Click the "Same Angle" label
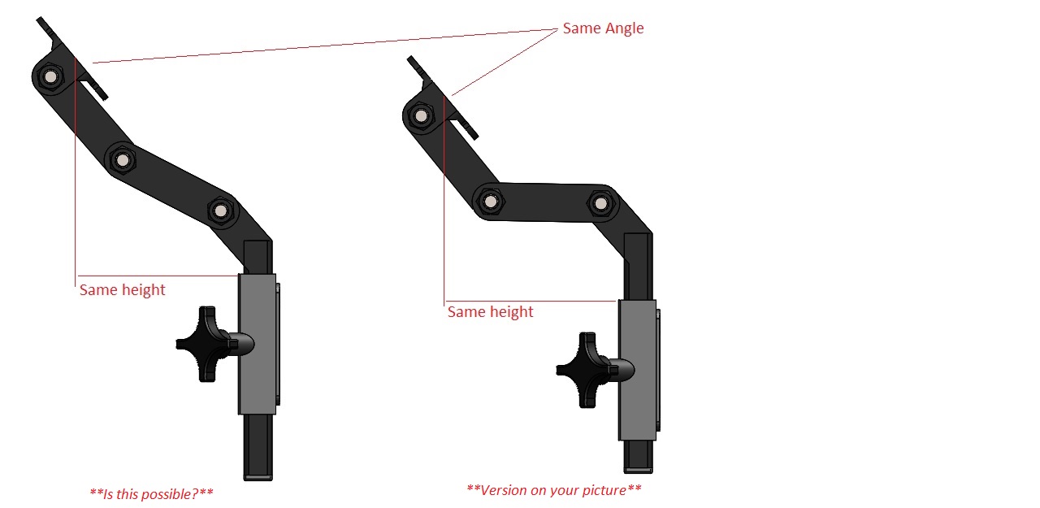click(x=603, y=28)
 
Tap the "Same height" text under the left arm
click(x=122, y=290)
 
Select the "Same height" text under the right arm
click(x=490, y=312)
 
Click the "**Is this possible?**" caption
click(x=151, y=493)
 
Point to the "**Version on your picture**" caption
click(x=553, y=490)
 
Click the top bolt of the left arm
click(x=50, y=76)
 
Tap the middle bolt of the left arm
click(x=123, y=160)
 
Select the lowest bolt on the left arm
click(x=220, y=211)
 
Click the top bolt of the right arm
click(x=421, y=115)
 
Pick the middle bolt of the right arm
click(x=490, y=202)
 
